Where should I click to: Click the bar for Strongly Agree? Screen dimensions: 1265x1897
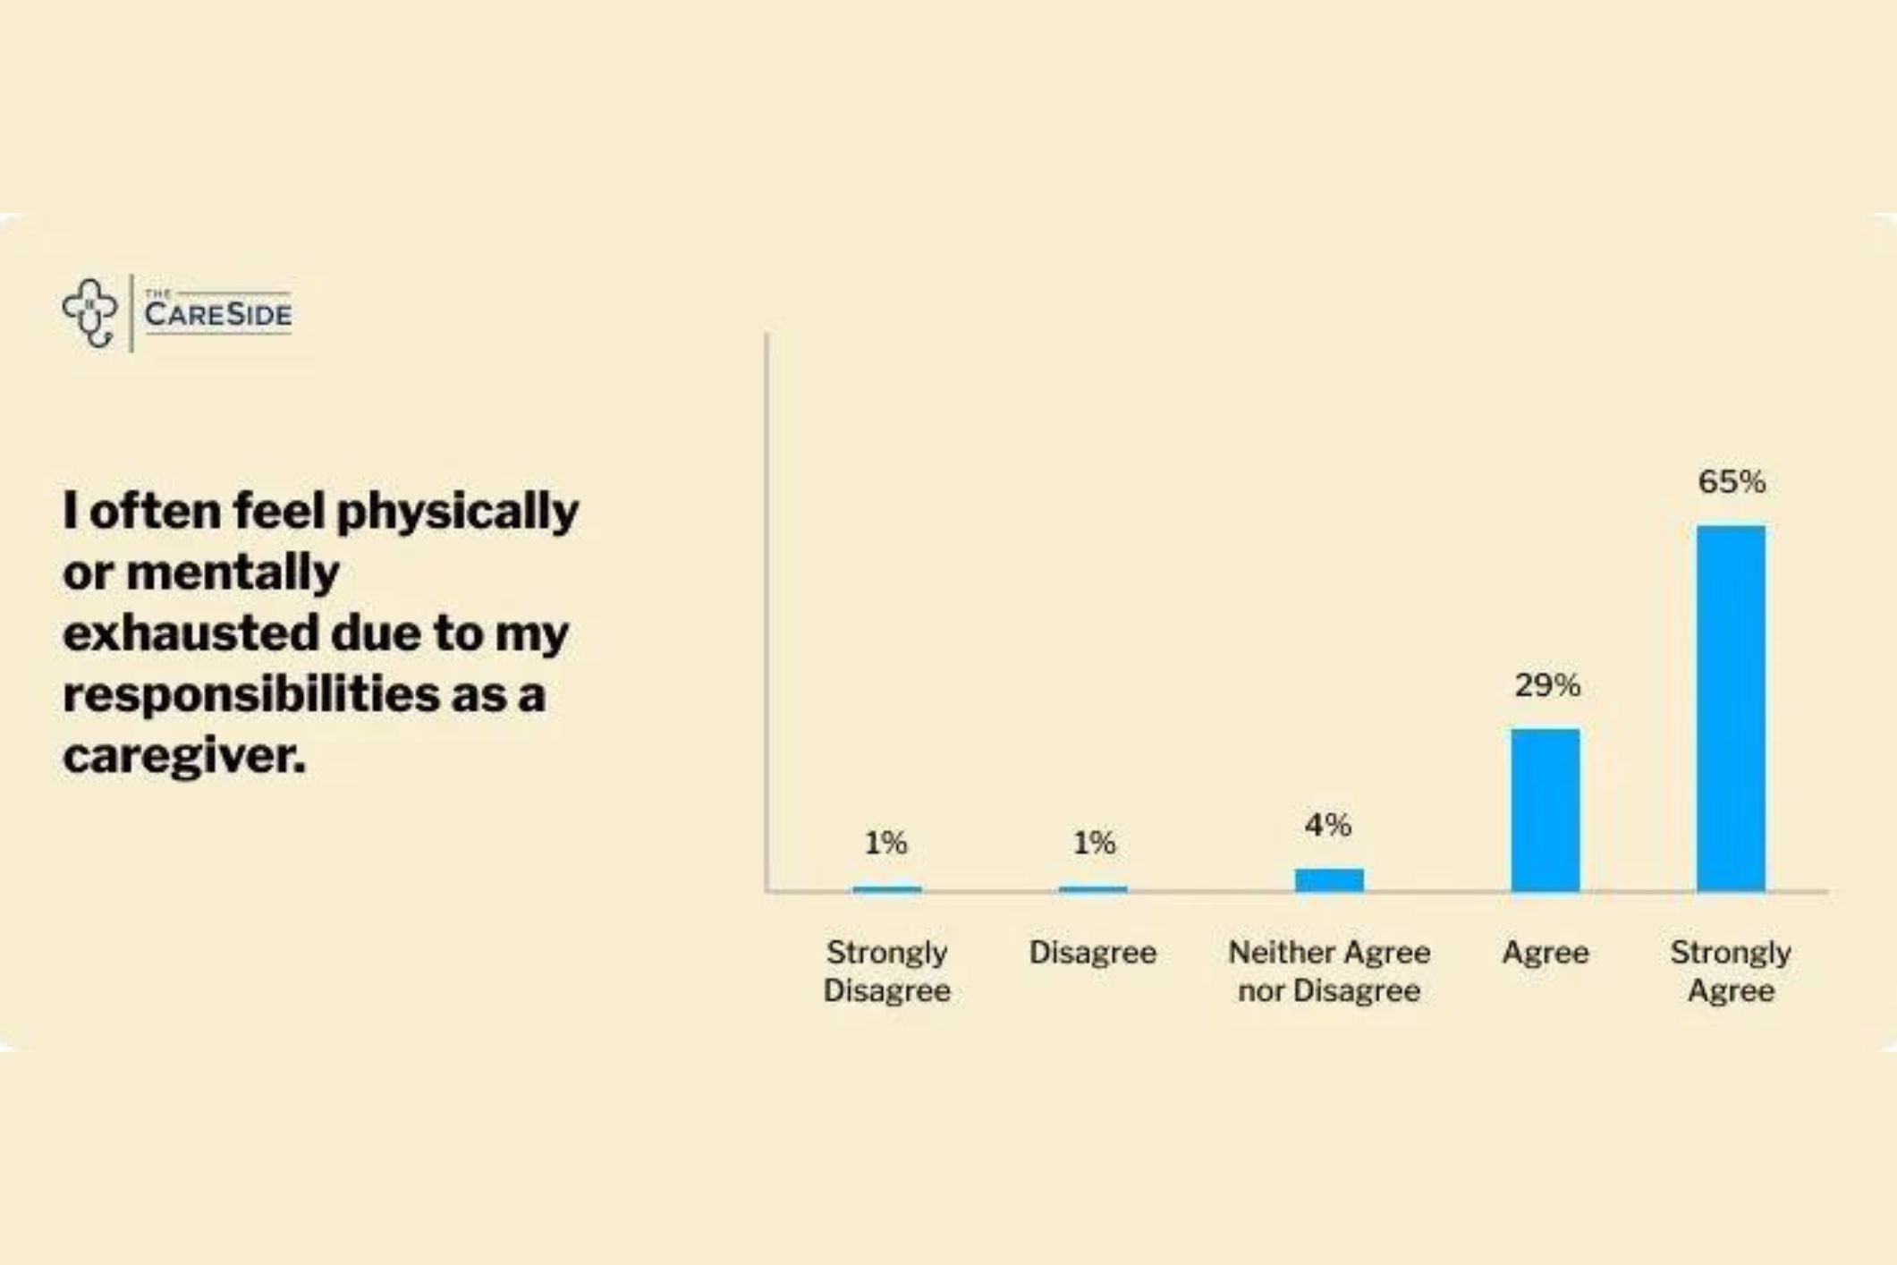(x=1731, y=708)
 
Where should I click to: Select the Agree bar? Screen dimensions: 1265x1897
(x=1546, y=810)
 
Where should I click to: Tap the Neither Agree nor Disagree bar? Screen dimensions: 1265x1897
(x=1329, y=879)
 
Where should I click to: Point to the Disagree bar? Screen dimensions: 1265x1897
(x=1093, y=888)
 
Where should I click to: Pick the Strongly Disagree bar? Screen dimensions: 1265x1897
(x=886, y=888)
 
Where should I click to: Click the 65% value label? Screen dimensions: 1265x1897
(x=1732, y=482)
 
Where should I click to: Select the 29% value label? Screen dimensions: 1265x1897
(x=1547, y=686)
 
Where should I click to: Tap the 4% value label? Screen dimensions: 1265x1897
(x=1328, y=825)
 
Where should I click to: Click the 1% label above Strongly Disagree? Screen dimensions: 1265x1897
(x=885, y=843)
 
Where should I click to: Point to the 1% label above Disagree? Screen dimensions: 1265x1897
(x=1094, y=843)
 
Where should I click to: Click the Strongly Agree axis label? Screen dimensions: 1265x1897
(x=1731, y=972)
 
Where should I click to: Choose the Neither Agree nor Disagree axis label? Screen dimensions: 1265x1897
(x=1329, y=972)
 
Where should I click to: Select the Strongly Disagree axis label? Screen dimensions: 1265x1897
(x=886, y=972)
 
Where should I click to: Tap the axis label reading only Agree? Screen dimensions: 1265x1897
(x=1546, y=953)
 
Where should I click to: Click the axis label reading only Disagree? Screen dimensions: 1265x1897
(x=1093, y=953)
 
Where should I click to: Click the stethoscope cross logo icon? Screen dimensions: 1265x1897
(x=90, y=312)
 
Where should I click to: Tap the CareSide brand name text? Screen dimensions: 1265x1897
(x=217, y=314)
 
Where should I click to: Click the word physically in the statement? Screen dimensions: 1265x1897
(x=457, y=513)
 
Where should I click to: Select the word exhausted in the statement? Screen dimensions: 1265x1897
(x=191, y=632)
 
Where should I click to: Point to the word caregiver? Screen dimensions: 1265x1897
(x=184, y=756)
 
